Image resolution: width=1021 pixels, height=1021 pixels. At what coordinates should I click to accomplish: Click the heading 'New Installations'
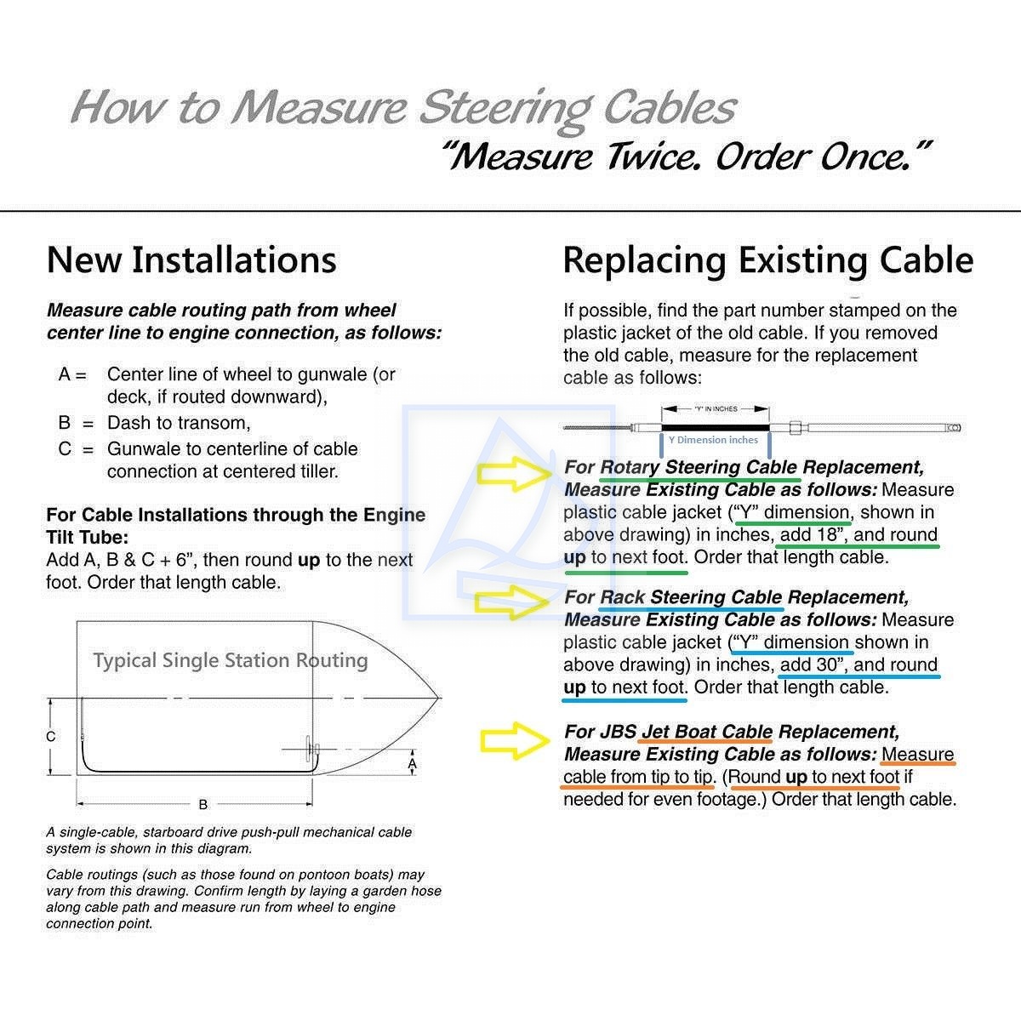coord(191,260)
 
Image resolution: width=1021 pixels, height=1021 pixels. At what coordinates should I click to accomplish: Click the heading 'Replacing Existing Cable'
coord(767,260)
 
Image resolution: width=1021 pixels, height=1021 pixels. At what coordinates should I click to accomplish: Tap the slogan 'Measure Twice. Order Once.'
coord(686,157)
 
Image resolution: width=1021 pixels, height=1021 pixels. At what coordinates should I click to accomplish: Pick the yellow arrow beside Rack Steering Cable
coord(512,602)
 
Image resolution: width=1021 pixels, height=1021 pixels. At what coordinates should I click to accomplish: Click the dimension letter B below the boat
coord(202,804)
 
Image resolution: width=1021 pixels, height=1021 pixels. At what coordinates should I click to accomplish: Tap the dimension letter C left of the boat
coord(51,737)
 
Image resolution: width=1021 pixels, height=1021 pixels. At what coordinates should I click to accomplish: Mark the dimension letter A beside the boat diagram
coord(413,765)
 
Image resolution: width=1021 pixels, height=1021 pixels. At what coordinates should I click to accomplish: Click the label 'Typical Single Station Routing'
coord(231,660)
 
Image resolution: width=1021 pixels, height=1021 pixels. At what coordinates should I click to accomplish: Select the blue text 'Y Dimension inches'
coord(713,440)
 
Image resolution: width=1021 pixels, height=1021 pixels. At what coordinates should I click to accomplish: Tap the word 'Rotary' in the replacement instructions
coord(630,467)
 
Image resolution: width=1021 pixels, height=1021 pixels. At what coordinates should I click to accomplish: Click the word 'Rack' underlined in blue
coord(623,597)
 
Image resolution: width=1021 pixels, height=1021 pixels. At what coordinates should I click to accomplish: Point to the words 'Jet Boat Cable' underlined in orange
coord(706,732)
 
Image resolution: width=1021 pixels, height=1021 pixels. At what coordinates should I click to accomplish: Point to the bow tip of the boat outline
coord(439,699)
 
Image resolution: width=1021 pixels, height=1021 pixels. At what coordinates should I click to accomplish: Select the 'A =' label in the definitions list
coord(73,374)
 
